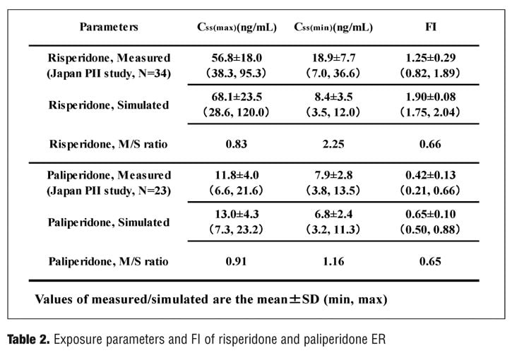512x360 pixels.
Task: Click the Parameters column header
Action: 109,27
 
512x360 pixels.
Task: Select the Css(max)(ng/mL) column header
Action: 237,27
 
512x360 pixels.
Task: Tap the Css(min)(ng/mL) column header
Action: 333,27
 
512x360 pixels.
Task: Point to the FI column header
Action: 431,26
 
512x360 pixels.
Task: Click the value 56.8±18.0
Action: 237,58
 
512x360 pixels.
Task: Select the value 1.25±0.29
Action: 430,58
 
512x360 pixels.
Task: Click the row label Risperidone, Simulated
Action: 109,105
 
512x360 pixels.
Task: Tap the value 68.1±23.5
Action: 237,97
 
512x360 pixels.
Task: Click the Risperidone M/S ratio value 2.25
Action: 333,144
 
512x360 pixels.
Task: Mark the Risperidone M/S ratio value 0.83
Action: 237,144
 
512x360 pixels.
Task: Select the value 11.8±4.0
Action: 237,175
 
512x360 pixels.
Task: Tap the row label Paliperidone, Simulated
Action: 109,222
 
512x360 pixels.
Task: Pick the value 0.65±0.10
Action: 430,214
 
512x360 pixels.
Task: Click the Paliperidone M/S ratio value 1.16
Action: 333,261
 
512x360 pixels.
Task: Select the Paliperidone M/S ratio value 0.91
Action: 236,261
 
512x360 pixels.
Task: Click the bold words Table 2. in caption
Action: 28,340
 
